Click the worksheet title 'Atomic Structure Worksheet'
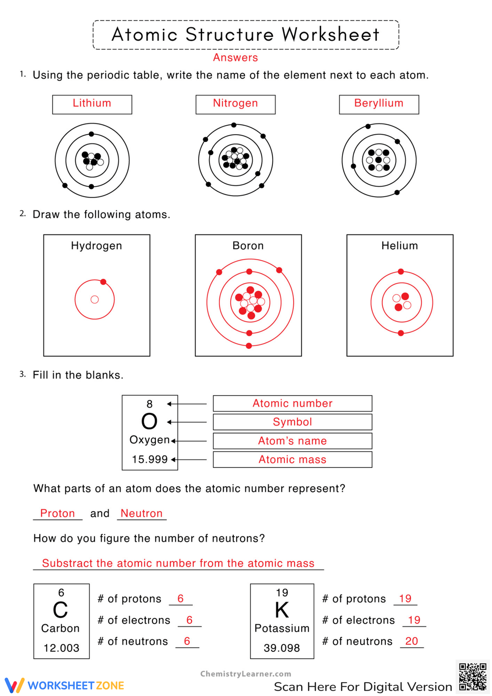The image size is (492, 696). (x=246, y=34)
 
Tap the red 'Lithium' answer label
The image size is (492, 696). (x=92, y=103)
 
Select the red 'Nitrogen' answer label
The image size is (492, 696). (x=235, y=103)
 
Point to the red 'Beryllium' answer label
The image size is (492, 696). (x=378, y=103)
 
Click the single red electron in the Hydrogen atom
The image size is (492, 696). (x=103, y=282)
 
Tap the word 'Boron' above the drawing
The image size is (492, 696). (x=248, y=246)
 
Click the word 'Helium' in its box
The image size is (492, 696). (x=400, y=246)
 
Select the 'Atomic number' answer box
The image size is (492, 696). (x=292, y=403)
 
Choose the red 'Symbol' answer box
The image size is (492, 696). (x=292, y=422)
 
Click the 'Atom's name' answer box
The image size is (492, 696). (x=292, y=441)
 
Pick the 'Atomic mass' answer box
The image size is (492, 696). (x=292, y=460)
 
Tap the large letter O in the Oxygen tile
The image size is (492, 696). (x=149, y=422)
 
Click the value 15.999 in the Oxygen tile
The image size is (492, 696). (x=150, y=460)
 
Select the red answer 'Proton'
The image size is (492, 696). (x=58, y=513)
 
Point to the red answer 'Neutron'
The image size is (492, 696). (x=141, y=513)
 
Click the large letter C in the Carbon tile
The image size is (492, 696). (x=61, y=610)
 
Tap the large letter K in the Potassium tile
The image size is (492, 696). (x=282, y=610)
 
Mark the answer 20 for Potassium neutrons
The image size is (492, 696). (x=411, y=641)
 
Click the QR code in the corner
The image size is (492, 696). (x=472, y=676)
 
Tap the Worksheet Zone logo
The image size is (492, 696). (x=64, y=685)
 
